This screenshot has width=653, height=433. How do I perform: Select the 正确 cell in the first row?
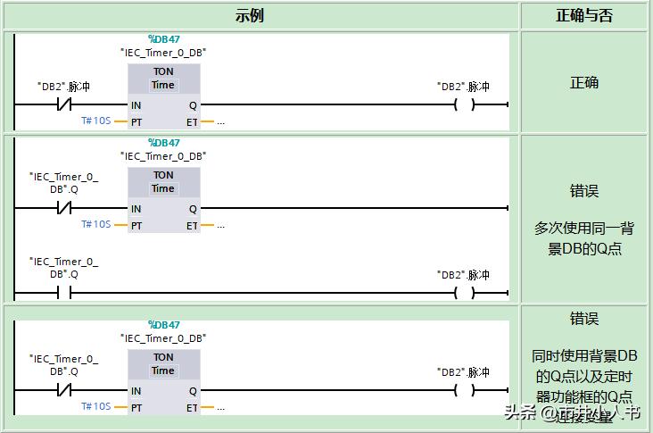[584, 83]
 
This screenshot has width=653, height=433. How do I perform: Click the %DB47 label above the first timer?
[163, 38]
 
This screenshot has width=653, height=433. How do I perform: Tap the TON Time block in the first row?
[163, 79]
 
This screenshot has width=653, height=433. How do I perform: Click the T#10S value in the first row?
[95, 121]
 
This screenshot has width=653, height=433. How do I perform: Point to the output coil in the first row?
[464, 104]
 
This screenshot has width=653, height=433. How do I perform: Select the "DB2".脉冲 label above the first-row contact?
[63, 87]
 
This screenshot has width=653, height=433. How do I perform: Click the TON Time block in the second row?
[163, 182]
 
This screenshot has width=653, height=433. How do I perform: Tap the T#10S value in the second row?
[95, 225]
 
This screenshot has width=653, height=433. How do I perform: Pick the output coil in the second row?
[464, 292]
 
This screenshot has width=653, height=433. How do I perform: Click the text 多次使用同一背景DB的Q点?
[584, 238]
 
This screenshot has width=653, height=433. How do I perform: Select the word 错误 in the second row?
[584, 191]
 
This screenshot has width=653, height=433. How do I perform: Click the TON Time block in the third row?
[163, 364]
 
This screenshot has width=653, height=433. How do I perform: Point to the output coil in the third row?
[464, 390]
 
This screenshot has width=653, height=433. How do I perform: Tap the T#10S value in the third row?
[95, 406]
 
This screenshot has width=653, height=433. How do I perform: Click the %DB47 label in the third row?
[163, 325]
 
